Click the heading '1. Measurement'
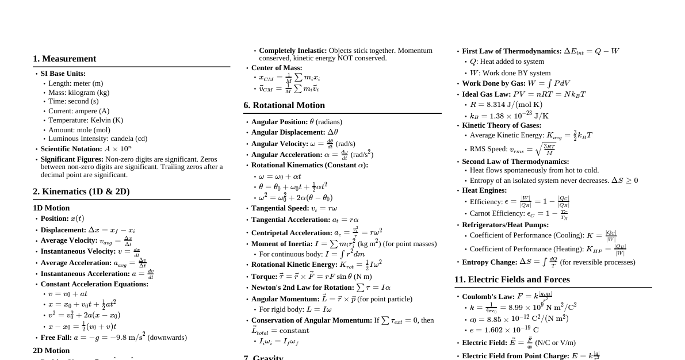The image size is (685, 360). (x=64, y=59)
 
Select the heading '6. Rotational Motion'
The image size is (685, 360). (x=284, y=105)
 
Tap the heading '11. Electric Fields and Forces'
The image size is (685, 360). (x=512, y=279)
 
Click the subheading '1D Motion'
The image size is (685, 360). (x=51, y=208)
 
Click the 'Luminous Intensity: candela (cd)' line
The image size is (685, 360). (x=98, y=139)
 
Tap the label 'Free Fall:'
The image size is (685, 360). (x=56, y=338)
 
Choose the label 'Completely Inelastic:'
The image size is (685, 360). (x=293, y=51)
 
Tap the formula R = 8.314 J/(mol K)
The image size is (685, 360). (x=506, y=105)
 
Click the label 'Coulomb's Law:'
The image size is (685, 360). (x=488, y=297)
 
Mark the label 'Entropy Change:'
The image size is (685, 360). (x=489, y=262)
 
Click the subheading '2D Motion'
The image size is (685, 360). (x=51, y=350)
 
